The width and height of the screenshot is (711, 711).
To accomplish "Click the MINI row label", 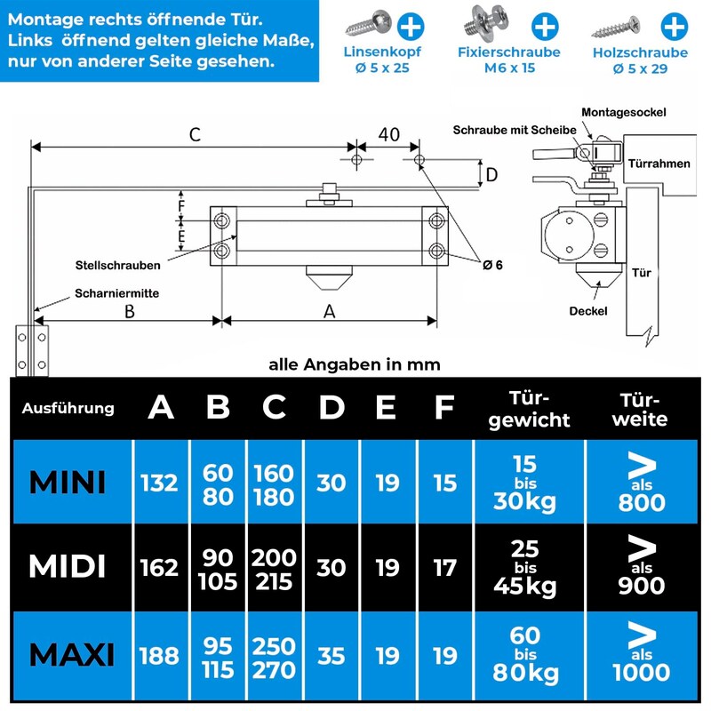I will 68,483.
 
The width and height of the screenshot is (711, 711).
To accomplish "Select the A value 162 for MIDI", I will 160,567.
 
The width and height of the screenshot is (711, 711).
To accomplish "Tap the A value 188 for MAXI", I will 160,655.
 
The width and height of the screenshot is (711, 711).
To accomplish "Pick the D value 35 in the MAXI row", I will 332,655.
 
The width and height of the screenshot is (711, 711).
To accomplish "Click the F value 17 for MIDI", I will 444,567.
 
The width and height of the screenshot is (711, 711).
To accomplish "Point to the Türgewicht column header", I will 529,409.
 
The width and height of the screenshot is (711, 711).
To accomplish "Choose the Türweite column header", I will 643,409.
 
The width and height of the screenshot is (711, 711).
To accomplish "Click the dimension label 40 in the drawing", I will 388,134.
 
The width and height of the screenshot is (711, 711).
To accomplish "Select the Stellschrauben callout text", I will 117,265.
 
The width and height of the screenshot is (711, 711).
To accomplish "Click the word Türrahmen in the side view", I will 659,164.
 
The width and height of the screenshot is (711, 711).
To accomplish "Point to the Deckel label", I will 588,311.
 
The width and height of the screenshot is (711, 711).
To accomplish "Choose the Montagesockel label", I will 623,112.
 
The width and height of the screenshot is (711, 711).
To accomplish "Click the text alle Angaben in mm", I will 354,364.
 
